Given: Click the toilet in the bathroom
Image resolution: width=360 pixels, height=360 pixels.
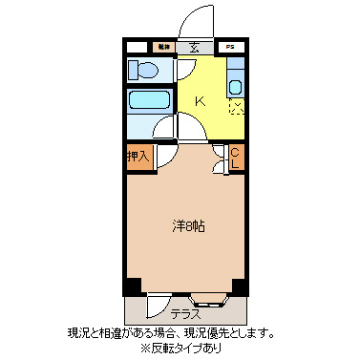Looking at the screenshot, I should click(x=147, y=69).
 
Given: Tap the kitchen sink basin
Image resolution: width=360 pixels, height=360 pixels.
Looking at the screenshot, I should click(x=236, y=87).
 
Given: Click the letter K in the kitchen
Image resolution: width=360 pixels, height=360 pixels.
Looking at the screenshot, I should click(x=201, y=100).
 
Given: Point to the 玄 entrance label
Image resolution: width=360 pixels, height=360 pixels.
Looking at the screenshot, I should click(x=194, y=46).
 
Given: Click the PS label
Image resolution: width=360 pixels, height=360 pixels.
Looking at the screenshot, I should click(x=229, y=46).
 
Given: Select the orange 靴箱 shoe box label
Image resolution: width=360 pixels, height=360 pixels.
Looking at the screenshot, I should click(x=163, y=46).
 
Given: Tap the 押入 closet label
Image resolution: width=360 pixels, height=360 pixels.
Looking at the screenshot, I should click(x=138, y=155).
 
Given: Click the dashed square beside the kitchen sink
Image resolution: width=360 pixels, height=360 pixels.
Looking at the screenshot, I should click(x=236, y=107).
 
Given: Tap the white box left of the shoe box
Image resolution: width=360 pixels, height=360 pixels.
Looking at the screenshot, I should click(x=137, y=46).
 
